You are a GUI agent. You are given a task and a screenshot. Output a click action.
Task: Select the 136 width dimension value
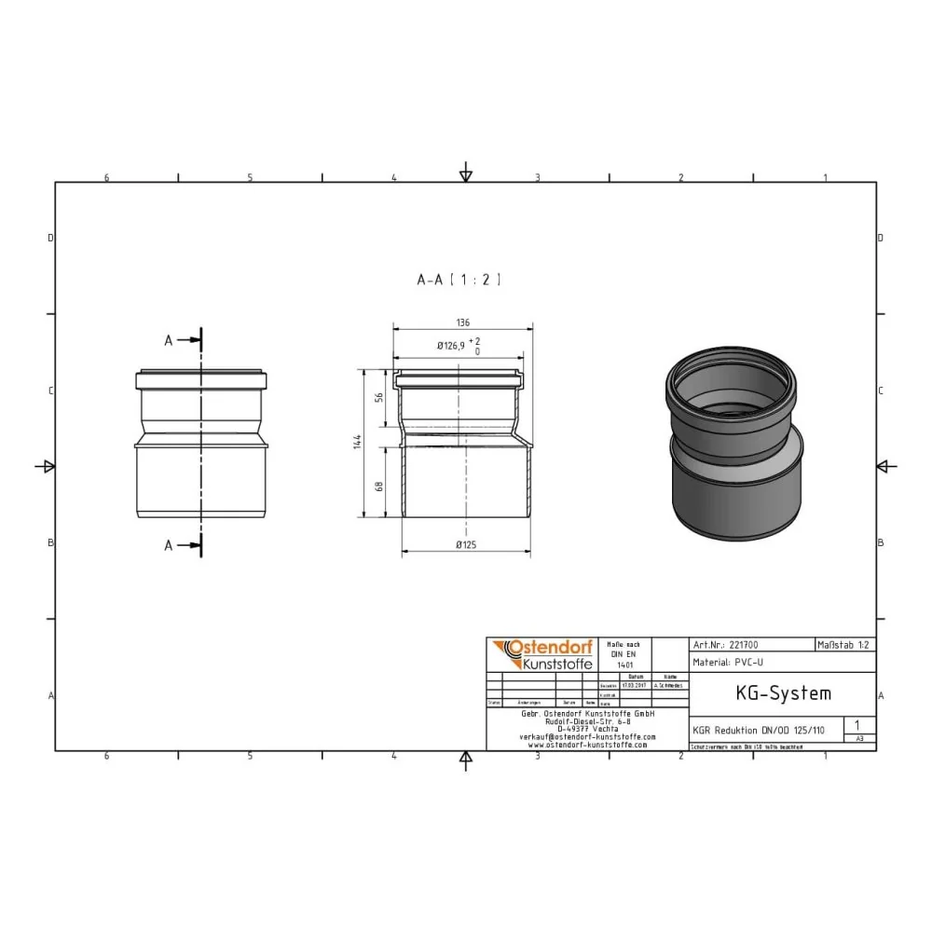tap(463, 322)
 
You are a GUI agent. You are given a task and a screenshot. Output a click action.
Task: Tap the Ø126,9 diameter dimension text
tap(453, 346)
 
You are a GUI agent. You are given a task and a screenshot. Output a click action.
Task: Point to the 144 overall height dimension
tap(356, 443)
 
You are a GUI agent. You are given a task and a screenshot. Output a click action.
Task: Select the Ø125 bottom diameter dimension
tap(466, 545)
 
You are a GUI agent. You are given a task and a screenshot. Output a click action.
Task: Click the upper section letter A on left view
tap(169, 341)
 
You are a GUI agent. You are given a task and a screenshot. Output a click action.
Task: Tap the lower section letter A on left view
tap(169, 546)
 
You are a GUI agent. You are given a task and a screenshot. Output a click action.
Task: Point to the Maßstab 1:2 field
tap(844, 644)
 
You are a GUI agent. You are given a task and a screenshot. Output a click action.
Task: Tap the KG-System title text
tap(770, 693)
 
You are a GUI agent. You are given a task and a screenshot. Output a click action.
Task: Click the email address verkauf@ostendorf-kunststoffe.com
tap(587, 736)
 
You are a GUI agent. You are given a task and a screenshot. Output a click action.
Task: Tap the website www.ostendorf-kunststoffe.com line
tap(587, 745)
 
